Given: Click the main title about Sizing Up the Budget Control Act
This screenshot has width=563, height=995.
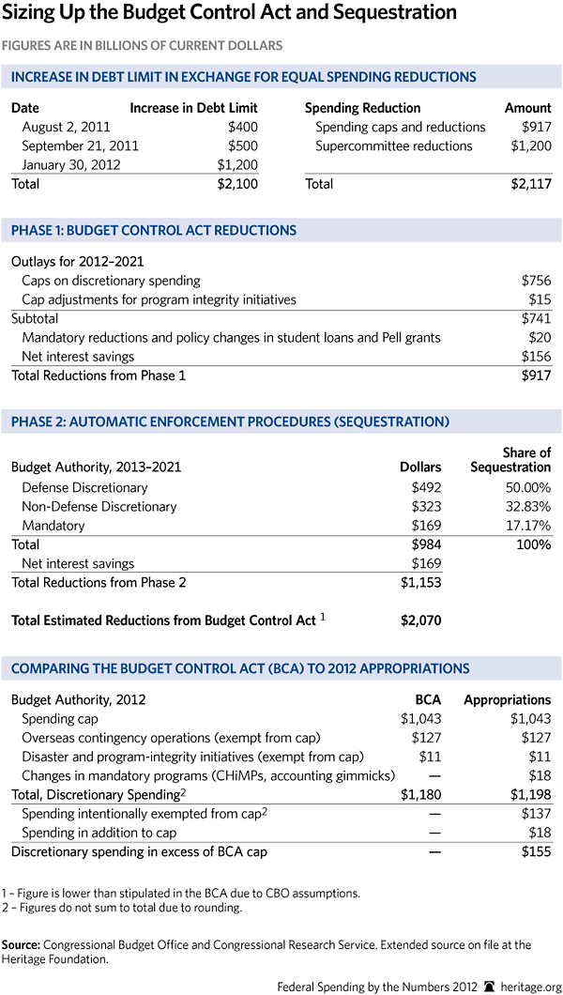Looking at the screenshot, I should coord(234,14).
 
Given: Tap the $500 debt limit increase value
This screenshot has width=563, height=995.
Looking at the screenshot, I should coord(242,145).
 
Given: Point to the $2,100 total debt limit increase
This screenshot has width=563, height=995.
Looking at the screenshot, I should coord(237,184).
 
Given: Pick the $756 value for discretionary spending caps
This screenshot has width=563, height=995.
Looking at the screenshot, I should coord(537,281).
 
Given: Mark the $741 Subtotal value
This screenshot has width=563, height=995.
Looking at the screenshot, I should coord(537,318).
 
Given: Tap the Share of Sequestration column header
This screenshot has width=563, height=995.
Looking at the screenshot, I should coord(510,460).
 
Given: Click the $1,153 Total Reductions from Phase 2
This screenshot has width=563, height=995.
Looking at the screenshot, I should coord(419,583).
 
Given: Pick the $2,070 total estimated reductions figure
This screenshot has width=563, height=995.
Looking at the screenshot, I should coord(419,620).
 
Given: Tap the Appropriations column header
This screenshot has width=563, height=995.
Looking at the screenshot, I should coord(508,699).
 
